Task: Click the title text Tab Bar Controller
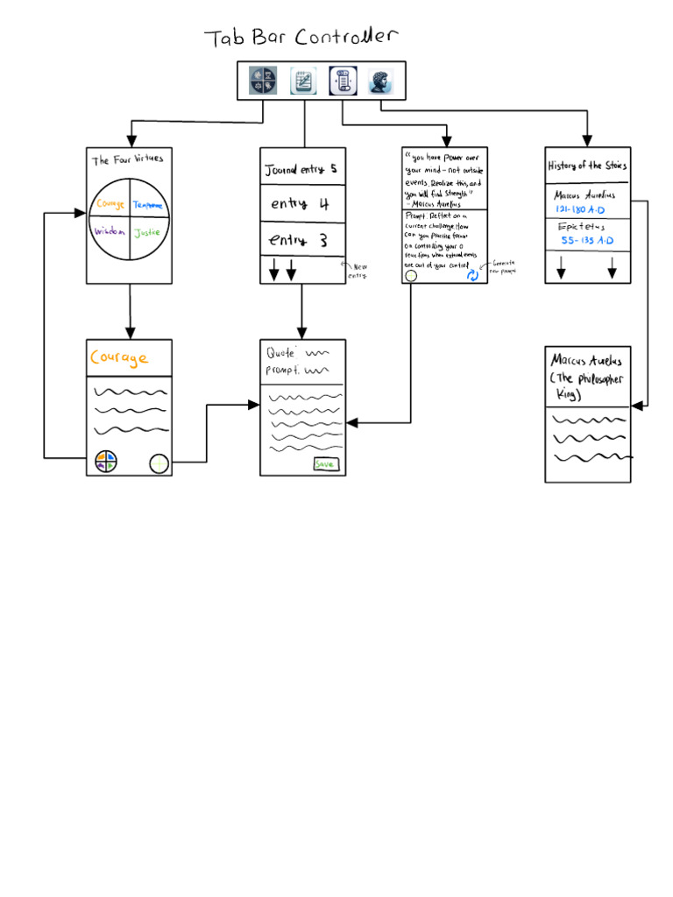pyautogui.click(x=301, y=38)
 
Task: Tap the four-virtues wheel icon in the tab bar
pyautogui.click(x=263, y=81)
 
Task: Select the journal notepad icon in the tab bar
pyautogui.click(x=303, y=81)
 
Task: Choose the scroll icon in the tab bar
pyautogui.click(x=342, y=81)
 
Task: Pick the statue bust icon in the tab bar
pyautogui.click(x=380, y=81)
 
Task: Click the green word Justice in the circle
pyautogui.click(x=147, y=233)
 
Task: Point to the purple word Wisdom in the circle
pyautogui.click(x=110, y=232)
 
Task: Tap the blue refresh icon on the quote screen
pyautogui.click(x=472, y=275)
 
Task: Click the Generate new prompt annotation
pyautogui.click(x=504, y=266)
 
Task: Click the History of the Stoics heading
pyautogui.click(x=587, y=166)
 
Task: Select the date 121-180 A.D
pyautogui.click(x=580, y=210)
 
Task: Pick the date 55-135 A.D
pyautogui.click(x=587, y=240)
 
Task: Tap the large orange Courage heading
pyautogui.click(x=118, y=358)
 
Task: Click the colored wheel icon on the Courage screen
pyautogui.click(x=106, y=462)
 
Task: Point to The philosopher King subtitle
pyautogui.click(x=585, y=385)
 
